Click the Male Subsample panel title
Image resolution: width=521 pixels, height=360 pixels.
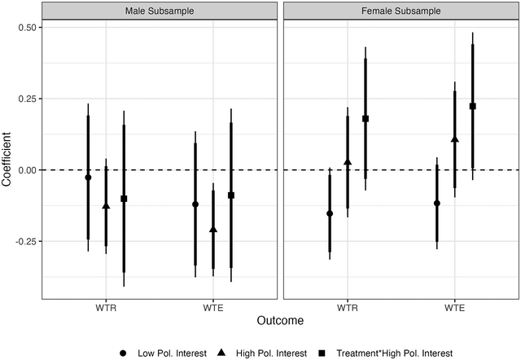(159, 12)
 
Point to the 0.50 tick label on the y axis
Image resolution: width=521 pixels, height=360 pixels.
(27, 27)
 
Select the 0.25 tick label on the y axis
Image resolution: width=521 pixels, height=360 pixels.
(27, 99)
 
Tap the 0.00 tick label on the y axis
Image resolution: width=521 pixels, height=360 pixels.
(27, 170)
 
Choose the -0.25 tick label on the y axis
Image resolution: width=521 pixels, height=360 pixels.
(25, 242)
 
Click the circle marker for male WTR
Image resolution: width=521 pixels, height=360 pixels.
(88, 178)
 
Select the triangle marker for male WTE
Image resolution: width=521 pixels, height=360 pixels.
(213, 230)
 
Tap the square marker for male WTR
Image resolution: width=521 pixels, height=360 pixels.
(124, 199)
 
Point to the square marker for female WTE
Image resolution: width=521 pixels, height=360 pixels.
(472, 107)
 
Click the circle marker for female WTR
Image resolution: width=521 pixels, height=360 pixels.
(330, 213)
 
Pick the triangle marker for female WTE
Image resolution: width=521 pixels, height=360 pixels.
(454, 139)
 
